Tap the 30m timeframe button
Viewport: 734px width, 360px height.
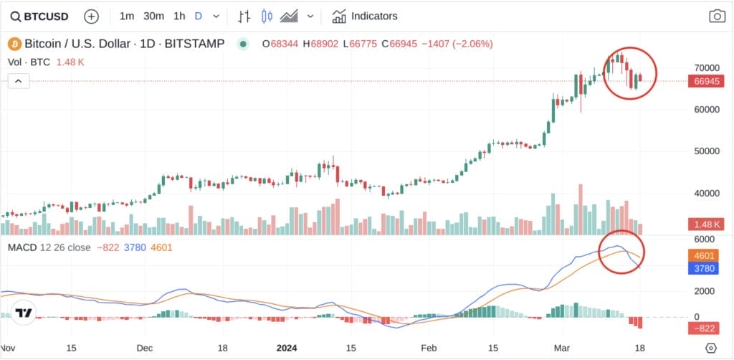[x=153, y=16]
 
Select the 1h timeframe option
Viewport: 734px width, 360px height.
[x=179, y=16]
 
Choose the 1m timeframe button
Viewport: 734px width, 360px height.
[x=127, y=16]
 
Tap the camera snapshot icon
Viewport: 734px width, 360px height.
[x=716, y=16]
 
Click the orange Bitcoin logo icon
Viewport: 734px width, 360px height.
[x=14, y=44]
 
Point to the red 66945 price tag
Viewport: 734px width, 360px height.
[x=706, y=82]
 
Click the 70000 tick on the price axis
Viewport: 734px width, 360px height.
[x=705, y=67]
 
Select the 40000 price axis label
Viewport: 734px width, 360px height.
[x=705, y=193]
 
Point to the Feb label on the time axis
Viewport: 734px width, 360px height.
[x=429, y=347]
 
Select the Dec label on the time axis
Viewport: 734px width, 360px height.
[x=146, y=347]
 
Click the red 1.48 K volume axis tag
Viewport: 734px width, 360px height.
[x=705, y=224]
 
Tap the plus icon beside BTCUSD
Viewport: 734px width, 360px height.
[x=92, y=16]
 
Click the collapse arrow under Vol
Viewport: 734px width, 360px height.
[x=18, y=81]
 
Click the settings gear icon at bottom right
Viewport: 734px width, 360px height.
[x=710, y=348]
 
